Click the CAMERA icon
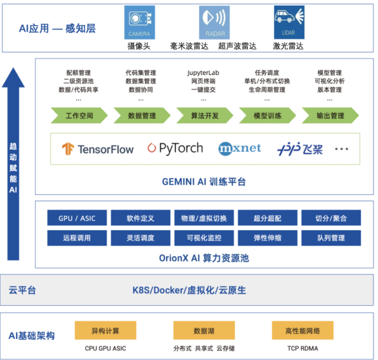tap(139, 23)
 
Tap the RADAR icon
tap(214, 23)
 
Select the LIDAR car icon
tap(288, 23)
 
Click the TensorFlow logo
tap(98, 149)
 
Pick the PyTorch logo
tap(175, 149)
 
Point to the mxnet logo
tap(240, 149)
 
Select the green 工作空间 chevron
tap(79, 115)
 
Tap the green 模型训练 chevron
tap(267, 115)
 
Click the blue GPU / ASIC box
tap(77, 218)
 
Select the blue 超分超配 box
tap(267, 218)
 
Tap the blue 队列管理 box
tap(331, 238)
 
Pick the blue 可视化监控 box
tap(204, 238)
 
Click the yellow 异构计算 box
tap(106, 331)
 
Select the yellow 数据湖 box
tap(204, 331)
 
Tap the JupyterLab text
tap(203, 73)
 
